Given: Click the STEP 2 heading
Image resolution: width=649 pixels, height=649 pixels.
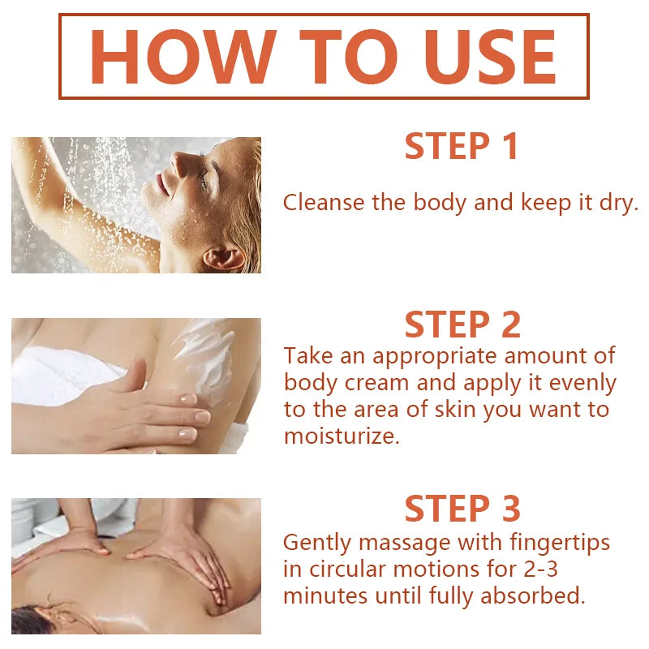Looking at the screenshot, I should click(x=462, y=324).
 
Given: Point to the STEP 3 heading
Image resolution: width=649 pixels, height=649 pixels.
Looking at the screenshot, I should click(x=462, y=509).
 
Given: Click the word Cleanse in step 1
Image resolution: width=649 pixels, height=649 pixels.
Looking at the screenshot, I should click(x=324, y=202).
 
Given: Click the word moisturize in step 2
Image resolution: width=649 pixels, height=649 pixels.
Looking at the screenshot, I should click(x=342, y=436).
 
